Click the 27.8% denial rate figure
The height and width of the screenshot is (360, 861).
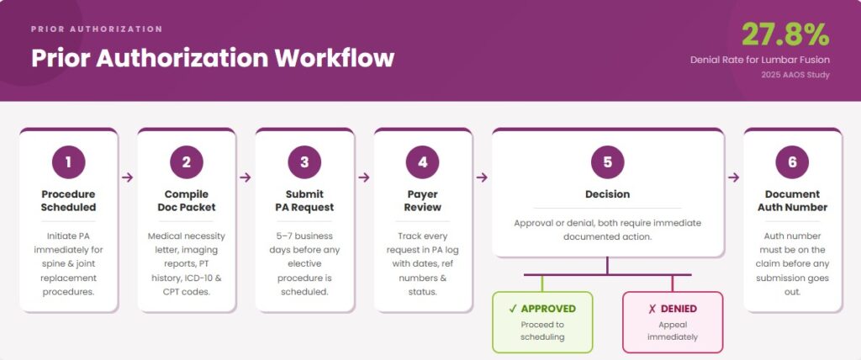tap(785, 34)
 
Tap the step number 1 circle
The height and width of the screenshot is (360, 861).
tap(68, 162)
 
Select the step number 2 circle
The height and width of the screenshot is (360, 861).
tap(186, 162)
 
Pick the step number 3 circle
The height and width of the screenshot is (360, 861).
tap(304, 162)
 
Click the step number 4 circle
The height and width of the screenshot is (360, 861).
tap(422, 162)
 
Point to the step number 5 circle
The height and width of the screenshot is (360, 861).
tap(607, 162)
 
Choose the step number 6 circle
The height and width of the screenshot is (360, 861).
tap(792, 162)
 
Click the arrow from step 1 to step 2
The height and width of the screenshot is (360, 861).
tap(127, 177)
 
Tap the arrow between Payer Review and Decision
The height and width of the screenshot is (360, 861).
tap(482, 177)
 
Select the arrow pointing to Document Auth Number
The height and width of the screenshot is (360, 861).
tap(733, 177)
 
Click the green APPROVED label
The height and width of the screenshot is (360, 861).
tap(542, 309)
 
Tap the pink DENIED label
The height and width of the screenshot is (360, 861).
tap(672, 309)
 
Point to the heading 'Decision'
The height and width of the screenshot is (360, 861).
tap(607, 194)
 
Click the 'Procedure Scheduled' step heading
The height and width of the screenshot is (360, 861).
tap(68, 200)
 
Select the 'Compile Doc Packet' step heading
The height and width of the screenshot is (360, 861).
tap(186, 200)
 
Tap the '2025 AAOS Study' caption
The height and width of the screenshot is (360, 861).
tap(795, 76)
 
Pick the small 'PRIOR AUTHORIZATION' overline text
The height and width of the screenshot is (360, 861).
tap(97, 29)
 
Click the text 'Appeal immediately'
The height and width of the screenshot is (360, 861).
tap(672, 331)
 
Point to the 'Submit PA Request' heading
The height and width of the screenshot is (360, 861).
tap(304, 200)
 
